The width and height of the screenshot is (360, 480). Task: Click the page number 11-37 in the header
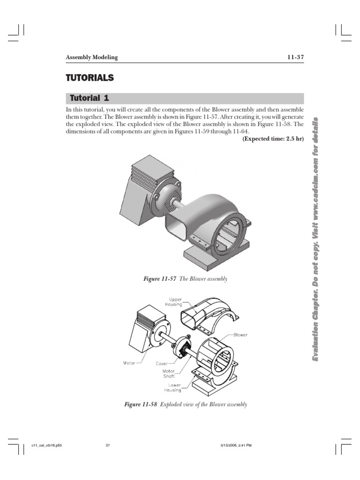click(295, 57)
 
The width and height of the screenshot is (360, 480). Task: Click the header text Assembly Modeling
click(91, 57)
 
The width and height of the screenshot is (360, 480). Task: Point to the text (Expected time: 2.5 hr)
click(273, 140)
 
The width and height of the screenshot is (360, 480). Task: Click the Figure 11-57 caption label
click(160, 279)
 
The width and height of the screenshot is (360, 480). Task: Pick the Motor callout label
click(128, 363)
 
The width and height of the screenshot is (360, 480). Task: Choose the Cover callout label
click(162, 363)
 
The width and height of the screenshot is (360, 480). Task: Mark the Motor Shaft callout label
click(169, 373)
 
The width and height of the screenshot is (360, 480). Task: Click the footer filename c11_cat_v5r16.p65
click(46, 445)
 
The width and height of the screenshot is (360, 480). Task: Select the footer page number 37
click(108, 445)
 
